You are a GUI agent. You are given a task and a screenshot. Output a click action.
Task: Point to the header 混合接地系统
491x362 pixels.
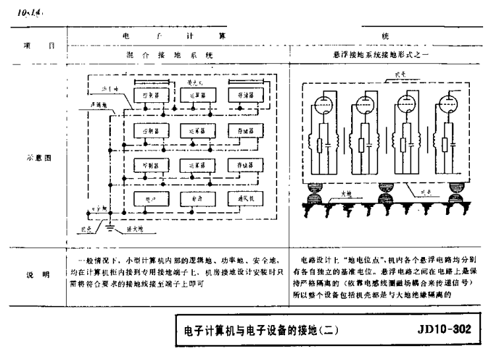tap(174, 57)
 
